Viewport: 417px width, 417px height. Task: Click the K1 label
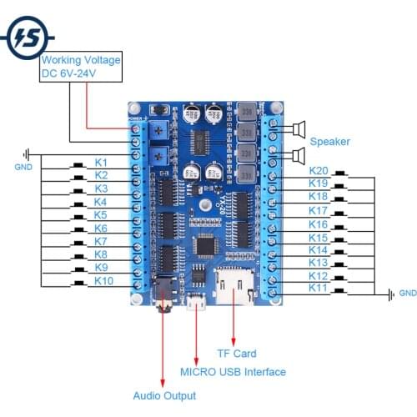tap(101, 161)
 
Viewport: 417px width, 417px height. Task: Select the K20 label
tap(318, 170)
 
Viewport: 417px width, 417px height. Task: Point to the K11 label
tap(318, 288)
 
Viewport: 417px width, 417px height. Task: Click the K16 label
tap(318, 224)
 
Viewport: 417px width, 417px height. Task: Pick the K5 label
tap(101, 214)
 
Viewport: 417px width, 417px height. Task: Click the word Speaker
tap(329, 142)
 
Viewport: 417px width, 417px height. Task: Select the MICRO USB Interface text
tap(233, 372)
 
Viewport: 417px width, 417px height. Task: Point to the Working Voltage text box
tap(81, 67)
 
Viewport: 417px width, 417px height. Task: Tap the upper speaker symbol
tap(297, 128)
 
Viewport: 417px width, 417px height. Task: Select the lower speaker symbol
tap(297, 155)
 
